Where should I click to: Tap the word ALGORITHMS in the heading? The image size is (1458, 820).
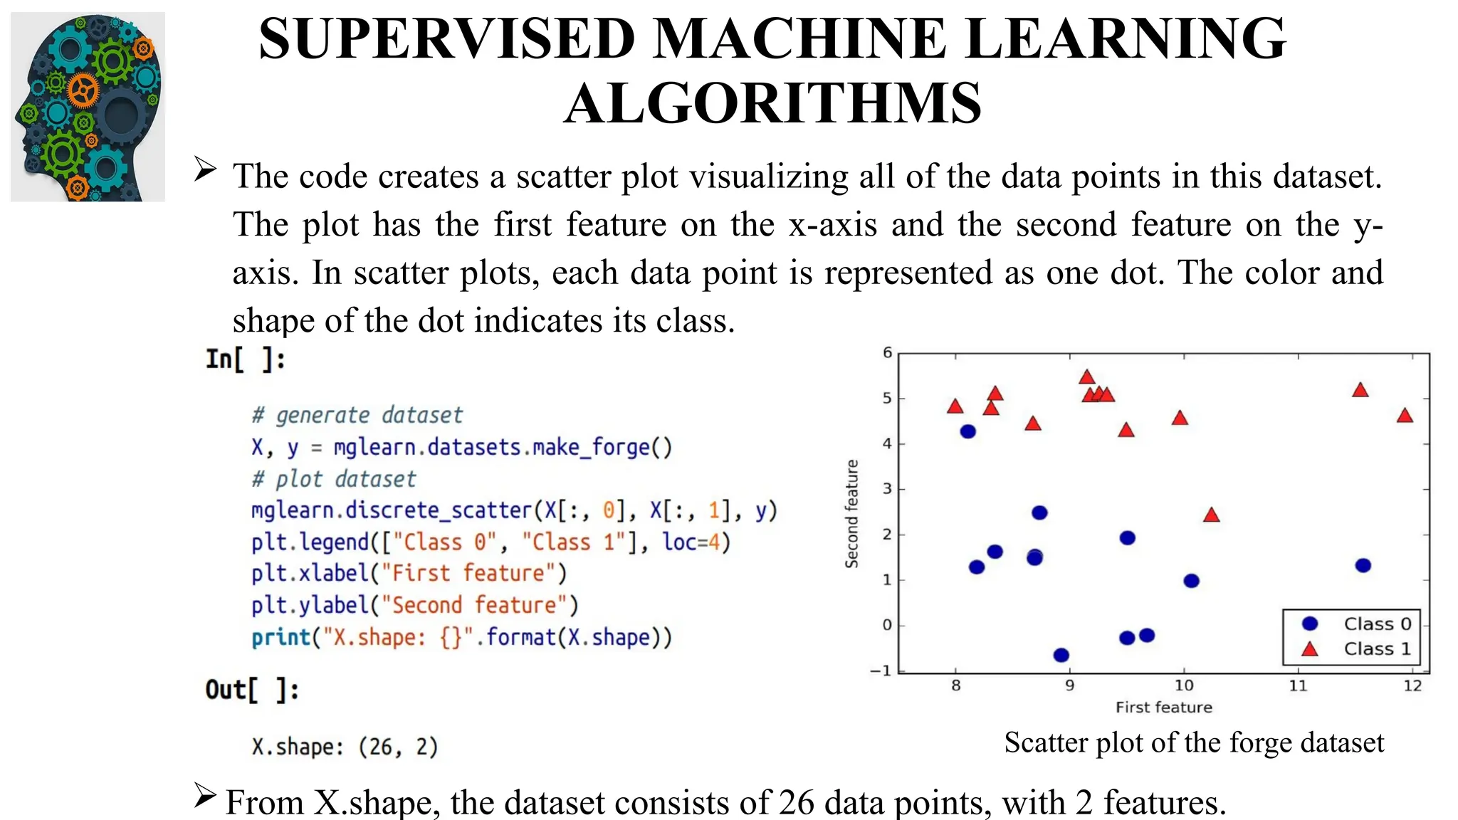click(773, 103)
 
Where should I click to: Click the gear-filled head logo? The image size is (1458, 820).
click(88, 107)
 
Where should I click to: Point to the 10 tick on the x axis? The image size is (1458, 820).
click(1183, 685)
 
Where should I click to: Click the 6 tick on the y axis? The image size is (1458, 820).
click(887, 353)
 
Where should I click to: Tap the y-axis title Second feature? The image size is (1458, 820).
click(851, 513)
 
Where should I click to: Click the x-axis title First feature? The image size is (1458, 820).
click(1163, 707)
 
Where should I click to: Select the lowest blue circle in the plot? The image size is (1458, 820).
click(1061, 655)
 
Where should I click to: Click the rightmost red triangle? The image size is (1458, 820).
click(1405, 416)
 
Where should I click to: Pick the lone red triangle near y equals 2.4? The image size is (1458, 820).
click(1211, 515)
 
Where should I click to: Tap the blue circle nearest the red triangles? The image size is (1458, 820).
click(967, 431)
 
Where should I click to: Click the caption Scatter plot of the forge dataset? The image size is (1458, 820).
click(1194, 742)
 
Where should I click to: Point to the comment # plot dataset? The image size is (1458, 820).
click(334, 479)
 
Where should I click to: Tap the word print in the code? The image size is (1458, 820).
click(280, 637)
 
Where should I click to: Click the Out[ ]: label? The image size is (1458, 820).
click(252, 689)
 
